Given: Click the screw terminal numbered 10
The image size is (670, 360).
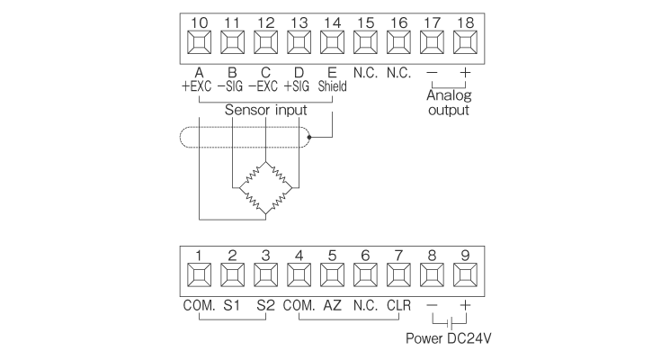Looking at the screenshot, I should pos(200,41).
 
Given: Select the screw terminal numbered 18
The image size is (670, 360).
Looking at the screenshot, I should pos(465,41).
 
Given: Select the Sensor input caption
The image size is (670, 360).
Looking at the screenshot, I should pos(267,110).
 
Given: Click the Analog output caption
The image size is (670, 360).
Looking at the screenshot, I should pos(449,102).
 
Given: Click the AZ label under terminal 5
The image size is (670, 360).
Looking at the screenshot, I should pos(332,306).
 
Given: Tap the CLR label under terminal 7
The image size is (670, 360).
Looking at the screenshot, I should pos(398,306).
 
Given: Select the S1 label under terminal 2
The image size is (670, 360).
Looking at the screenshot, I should pos(233,306).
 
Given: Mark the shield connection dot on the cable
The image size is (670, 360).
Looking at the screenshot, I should pos(309,138).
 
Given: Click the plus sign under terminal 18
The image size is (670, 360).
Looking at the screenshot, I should pos(465,72).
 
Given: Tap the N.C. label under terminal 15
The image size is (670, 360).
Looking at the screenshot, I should pos(366,72).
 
